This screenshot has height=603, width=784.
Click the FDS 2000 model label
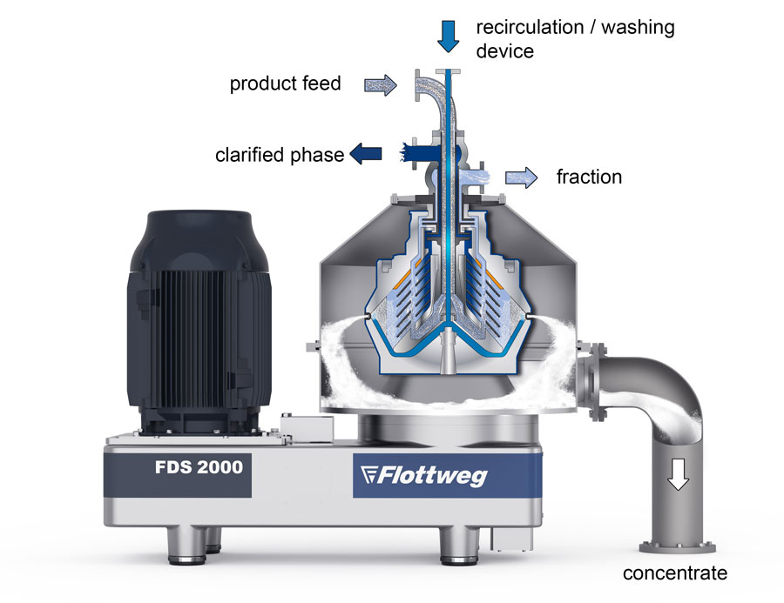point(199,467)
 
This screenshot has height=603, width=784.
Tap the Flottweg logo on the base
point(423,475)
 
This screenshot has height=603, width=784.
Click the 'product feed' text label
point(285,84)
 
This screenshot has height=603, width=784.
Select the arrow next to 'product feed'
point(381,85)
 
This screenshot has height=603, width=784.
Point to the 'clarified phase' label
point(280,155)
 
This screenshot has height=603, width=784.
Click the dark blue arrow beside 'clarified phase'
point(366,153)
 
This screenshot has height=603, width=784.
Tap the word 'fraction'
point(589,177)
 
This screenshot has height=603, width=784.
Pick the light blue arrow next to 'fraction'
point(522,178)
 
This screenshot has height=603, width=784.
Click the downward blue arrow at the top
point(448,37)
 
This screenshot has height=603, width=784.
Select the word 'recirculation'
point(530,27)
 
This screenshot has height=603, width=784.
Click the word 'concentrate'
point(674,573)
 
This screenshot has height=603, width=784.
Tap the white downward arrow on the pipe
point(678,474)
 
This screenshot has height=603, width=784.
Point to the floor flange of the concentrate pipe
point(678,547)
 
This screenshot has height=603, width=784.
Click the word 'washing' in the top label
point(638,27)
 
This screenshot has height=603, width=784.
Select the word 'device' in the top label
point(504,51)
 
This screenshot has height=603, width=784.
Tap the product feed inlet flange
point(417,85)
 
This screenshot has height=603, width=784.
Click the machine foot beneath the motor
point(186,546)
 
